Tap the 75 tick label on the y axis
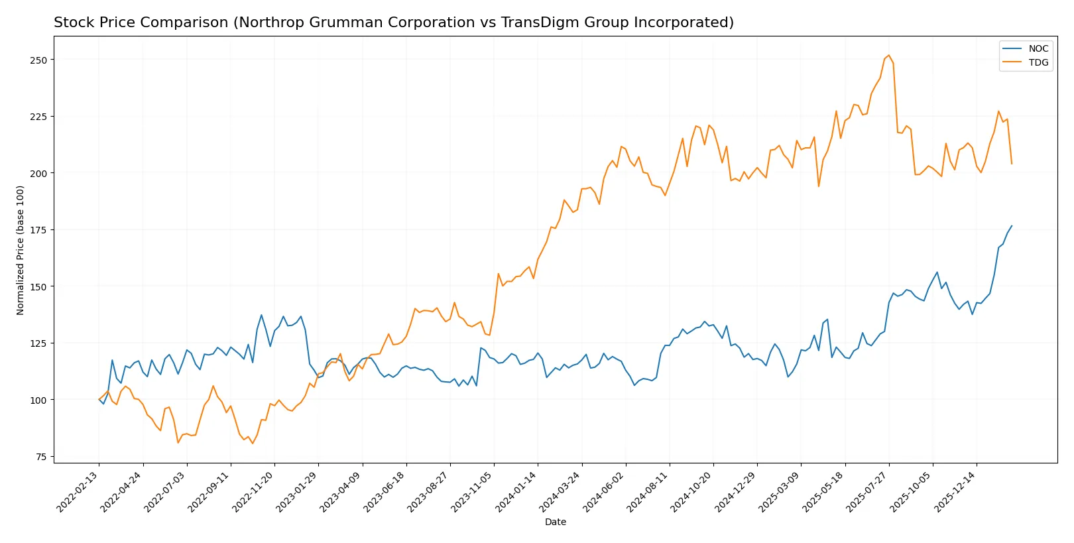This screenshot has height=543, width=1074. [42, 457]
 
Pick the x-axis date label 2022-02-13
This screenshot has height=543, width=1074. [79, 491]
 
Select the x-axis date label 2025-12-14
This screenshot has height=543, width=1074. [957, 491]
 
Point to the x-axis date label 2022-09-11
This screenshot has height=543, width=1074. [210, 491]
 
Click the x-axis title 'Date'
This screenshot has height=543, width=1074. [556, 522]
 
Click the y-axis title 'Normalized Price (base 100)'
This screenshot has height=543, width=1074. [21, 250]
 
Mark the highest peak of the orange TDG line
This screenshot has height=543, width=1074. [889, 55]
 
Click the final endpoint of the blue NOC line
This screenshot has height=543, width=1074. [1012, 225]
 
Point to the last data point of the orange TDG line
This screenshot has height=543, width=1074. [1012, 164]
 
